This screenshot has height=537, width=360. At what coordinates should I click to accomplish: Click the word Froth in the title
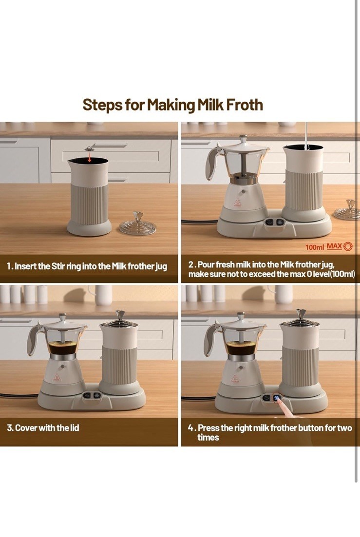coord(245,105)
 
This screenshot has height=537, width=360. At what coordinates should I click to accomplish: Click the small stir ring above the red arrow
coord(90,149)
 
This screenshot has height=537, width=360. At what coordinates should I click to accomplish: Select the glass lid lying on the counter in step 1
coord(138,223)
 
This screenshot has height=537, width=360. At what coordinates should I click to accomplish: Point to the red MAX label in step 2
coord(334,246)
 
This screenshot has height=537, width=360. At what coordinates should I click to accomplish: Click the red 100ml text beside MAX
coord(314,247)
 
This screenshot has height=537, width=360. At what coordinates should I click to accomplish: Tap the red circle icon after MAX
coord(348,246)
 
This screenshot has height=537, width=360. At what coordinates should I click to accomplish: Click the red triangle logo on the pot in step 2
coord(237,203)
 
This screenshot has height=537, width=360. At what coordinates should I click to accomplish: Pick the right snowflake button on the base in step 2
coord(280,222)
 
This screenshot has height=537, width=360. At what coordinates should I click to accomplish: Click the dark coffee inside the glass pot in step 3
coord(62,347)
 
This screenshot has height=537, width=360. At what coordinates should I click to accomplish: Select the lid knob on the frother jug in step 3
coord(120,315)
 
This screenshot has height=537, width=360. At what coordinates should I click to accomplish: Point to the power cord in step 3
coord(19,395)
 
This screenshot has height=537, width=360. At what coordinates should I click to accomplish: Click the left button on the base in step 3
coord(87,395)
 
